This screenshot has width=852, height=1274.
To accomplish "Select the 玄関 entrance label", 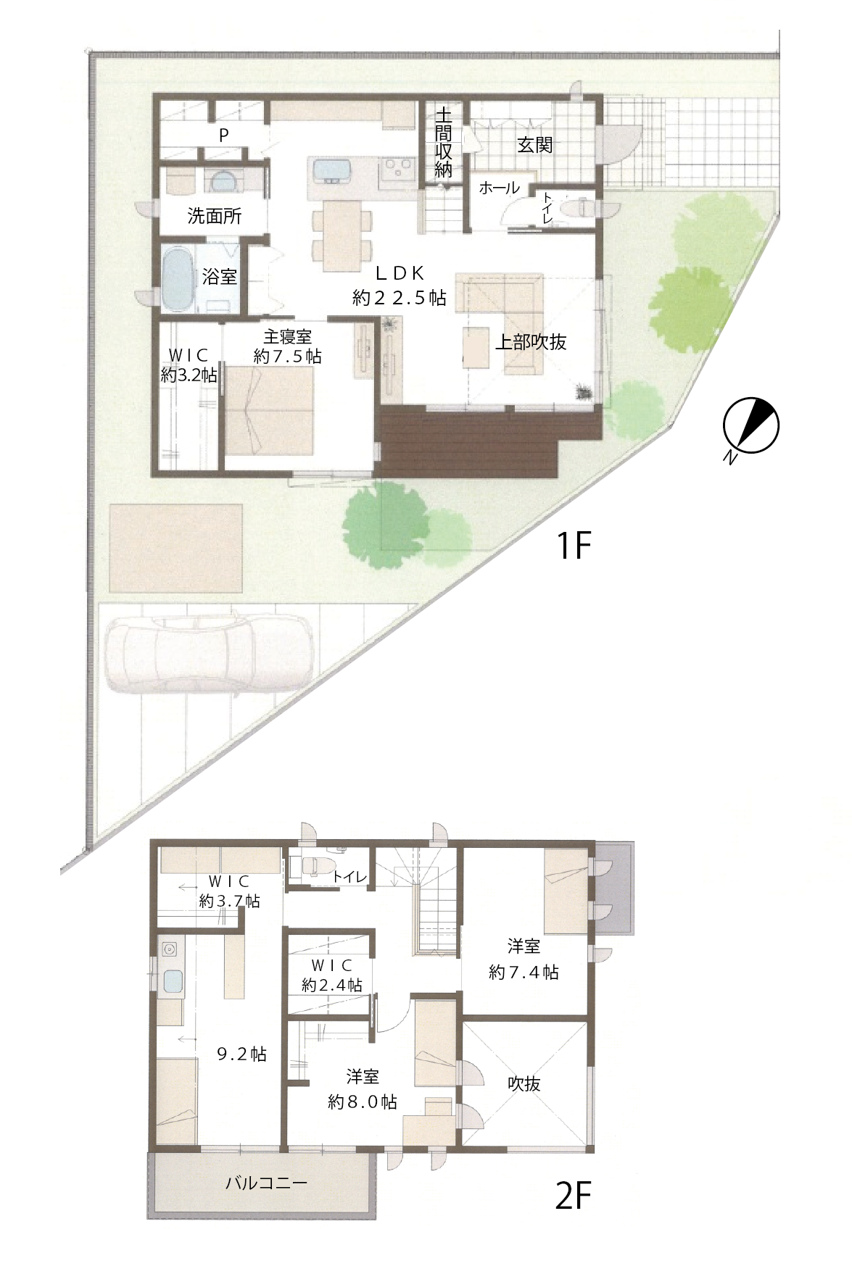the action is click(535, 145).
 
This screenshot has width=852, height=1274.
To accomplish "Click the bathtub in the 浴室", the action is click(176, 279).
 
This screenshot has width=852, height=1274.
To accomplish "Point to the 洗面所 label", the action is click(215, 216).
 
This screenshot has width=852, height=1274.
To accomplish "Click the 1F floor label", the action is click(574, 546).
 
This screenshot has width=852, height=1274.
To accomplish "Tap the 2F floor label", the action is click(574, 1196).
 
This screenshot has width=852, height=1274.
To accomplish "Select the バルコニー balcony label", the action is click(267, 1183).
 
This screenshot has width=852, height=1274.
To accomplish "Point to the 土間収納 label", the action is click(443, 143).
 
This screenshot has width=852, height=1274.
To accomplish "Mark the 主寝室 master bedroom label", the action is click(288, 337).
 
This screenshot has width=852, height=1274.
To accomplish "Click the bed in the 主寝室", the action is click(269, 411).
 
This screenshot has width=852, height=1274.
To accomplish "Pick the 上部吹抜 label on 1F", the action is click(531, 342).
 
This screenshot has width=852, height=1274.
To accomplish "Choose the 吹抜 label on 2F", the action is click(524, 1084).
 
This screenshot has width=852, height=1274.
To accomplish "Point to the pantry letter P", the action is click(224, 135).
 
